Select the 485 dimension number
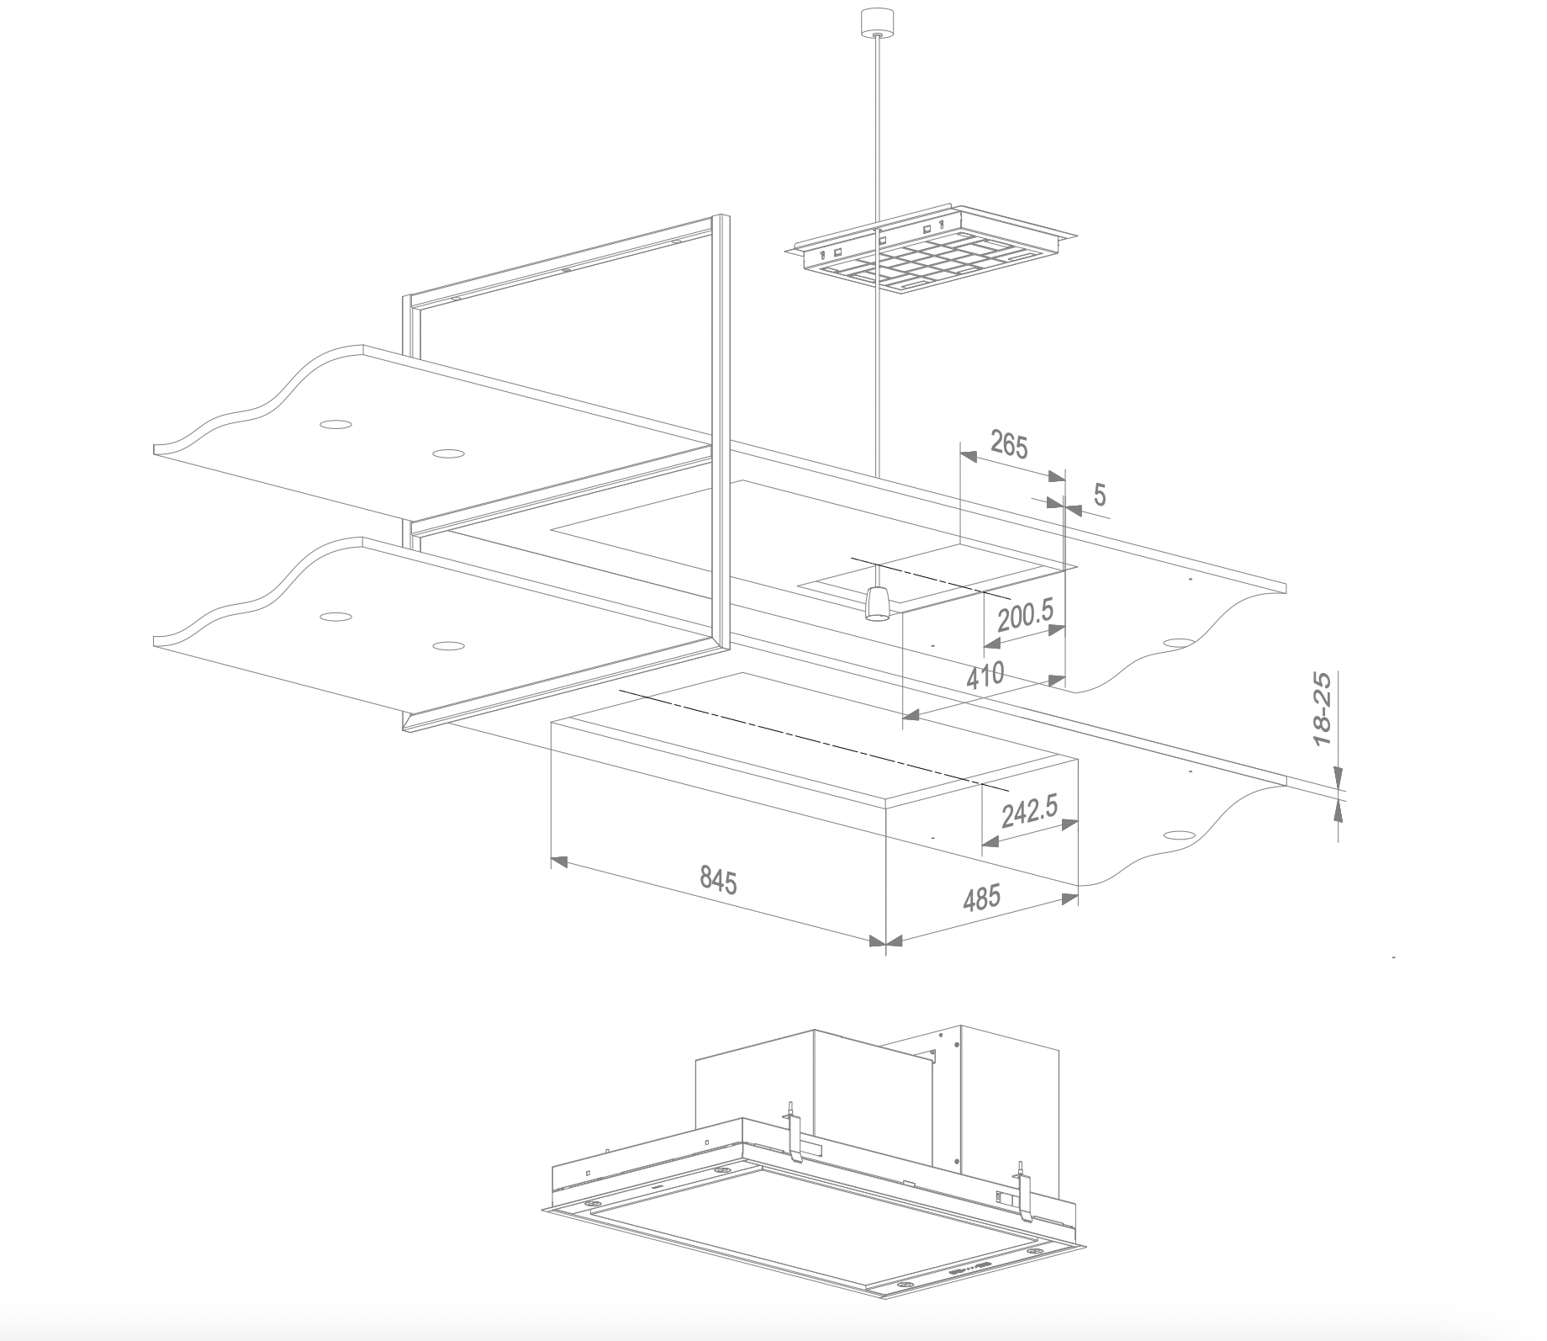(x=981, y=898)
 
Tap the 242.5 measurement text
(x=1030, y=812)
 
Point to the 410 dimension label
(x=985, y=676)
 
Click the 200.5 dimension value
(x=1024, y=616)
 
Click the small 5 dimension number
(x=1100, y=496)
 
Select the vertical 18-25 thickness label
(x=1323, y=709)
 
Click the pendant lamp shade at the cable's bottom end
(x=878, y=603)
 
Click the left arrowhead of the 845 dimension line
(x=559, y=862)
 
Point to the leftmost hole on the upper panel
(x=336, y=423)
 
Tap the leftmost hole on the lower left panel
(x=335, y=617)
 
